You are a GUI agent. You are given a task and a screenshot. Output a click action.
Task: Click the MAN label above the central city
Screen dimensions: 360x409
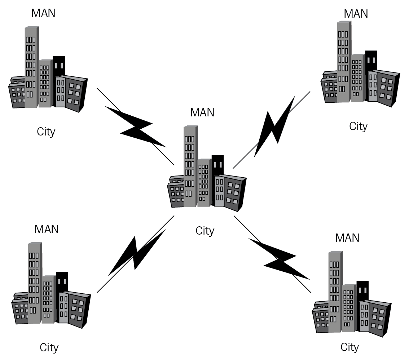tap(202, 112)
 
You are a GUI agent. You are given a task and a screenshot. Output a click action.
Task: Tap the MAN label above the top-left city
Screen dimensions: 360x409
tap(43, 13)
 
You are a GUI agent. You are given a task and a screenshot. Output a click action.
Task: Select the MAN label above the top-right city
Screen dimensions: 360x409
tap(356, 13)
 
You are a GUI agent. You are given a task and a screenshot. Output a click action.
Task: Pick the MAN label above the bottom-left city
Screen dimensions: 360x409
tap(47, 229)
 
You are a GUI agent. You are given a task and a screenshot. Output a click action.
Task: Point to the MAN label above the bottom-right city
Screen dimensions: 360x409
tap(347, 238)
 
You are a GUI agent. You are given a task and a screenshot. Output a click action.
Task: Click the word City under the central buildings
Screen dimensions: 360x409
tap(205, 231)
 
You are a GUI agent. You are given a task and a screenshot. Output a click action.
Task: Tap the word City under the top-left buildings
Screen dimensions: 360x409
tap(46, 132)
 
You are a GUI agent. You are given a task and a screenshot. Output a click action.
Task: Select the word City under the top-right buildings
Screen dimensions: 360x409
tap(358, 126)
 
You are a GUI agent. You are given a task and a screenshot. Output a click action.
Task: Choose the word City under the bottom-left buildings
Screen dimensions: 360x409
tap(49, 348)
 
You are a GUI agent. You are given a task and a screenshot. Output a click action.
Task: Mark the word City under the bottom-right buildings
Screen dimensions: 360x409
tap(350, 347)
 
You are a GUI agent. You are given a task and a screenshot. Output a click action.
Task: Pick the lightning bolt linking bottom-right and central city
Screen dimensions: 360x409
tap(280, 259)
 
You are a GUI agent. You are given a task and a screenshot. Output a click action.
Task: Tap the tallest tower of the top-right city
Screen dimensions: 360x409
tap(344, 61)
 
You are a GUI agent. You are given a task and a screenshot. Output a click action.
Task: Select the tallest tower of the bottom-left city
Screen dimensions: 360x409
tap(34, 283)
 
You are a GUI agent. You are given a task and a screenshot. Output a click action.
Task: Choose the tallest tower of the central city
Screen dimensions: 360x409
tap(190, 166)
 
